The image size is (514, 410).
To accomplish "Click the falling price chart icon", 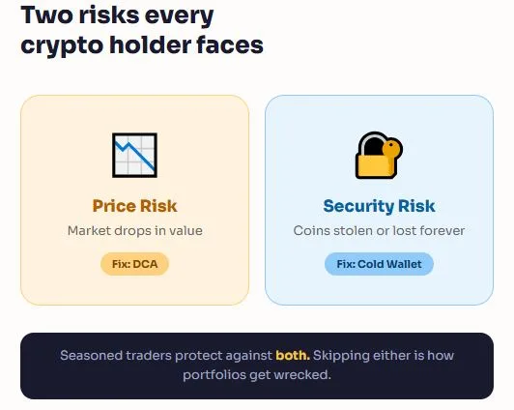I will click(134, 156).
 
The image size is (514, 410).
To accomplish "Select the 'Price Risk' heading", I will click(134, 206).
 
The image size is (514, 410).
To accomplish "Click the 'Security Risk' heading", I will click(379, 206).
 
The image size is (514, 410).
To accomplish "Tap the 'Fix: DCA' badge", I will click(134, 263).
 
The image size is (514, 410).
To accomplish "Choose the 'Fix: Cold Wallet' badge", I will click(379, 263).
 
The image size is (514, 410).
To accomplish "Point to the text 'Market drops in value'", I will click(134, 231).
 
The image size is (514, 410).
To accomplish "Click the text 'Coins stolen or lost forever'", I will click(379, 231).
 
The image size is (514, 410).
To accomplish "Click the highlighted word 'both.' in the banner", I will click(292, 355).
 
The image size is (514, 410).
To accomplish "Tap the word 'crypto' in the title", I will click(57, 44).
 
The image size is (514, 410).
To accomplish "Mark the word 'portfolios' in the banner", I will click(214, 374).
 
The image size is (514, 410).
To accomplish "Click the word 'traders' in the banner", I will click(155, 355).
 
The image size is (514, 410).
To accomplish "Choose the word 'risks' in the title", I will click(106, 16).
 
